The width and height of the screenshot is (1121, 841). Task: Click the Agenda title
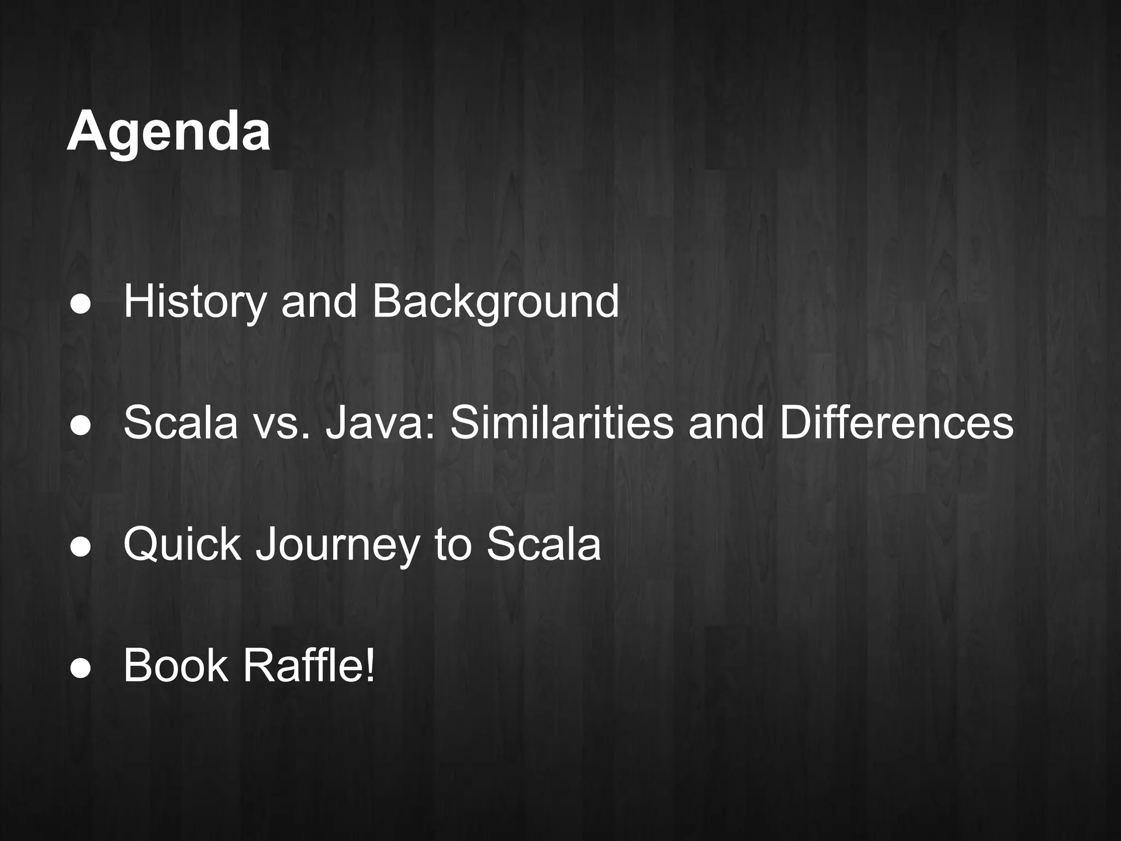[169, 131]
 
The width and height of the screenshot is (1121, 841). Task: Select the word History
[194, 301]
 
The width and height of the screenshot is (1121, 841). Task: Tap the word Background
[495, 301]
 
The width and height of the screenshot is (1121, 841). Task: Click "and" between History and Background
[319, 301]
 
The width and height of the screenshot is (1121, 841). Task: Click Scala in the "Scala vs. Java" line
[181, 423]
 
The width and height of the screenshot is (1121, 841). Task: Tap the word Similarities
[562, 423]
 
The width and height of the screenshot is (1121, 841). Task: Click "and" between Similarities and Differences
[726, 423]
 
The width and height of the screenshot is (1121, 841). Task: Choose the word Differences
[896, 423]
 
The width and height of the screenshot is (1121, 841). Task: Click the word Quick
[182, 544]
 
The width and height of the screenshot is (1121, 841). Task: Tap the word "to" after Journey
[453, 544]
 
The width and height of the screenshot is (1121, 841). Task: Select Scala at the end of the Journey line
[544, 544]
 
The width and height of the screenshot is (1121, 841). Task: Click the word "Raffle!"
[309, 666]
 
